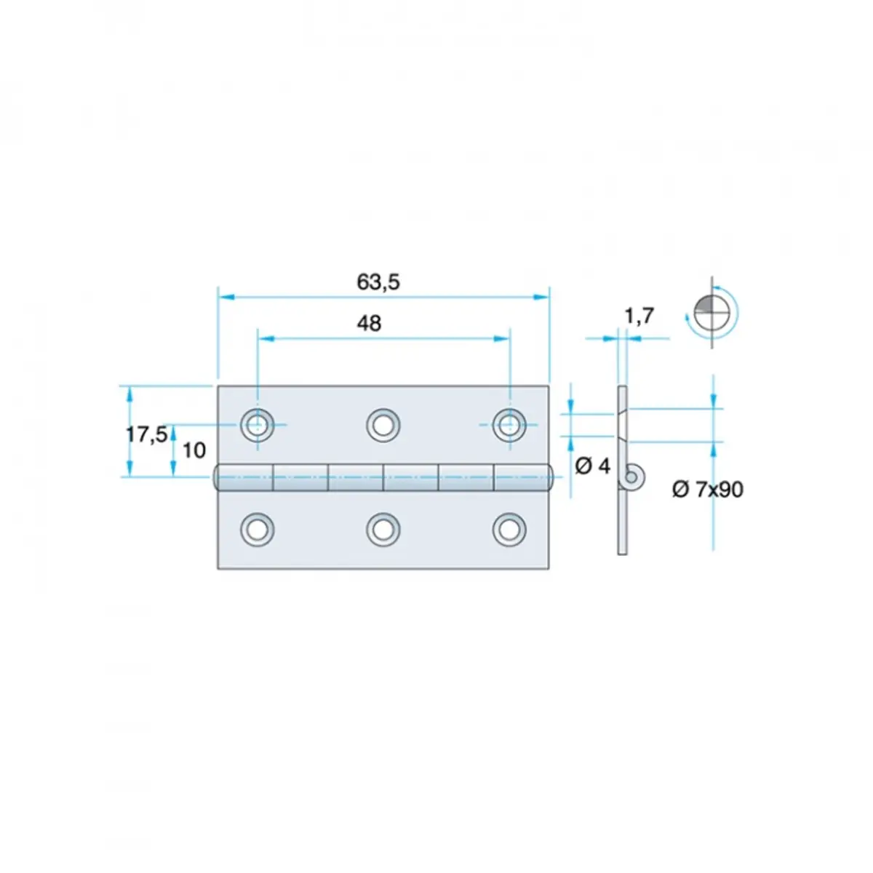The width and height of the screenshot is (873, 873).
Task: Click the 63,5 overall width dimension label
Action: pyautogui.click(x=378, y=282)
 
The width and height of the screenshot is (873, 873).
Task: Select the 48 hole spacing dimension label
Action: pyautogui.click(x=369, y=324)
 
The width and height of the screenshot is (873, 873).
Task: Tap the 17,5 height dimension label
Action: pyautogui.click(x=146, y=434)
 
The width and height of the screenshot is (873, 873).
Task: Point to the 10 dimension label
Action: pyautogui.click(x=194, y=450)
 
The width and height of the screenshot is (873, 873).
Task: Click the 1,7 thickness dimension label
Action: pyautogui.click(x=639, y=316)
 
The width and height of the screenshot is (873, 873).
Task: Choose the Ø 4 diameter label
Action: pyautogui.click(x=593, y=466)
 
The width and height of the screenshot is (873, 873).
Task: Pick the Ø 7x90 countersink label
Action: pyautogui.click(x=708, y=490)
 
